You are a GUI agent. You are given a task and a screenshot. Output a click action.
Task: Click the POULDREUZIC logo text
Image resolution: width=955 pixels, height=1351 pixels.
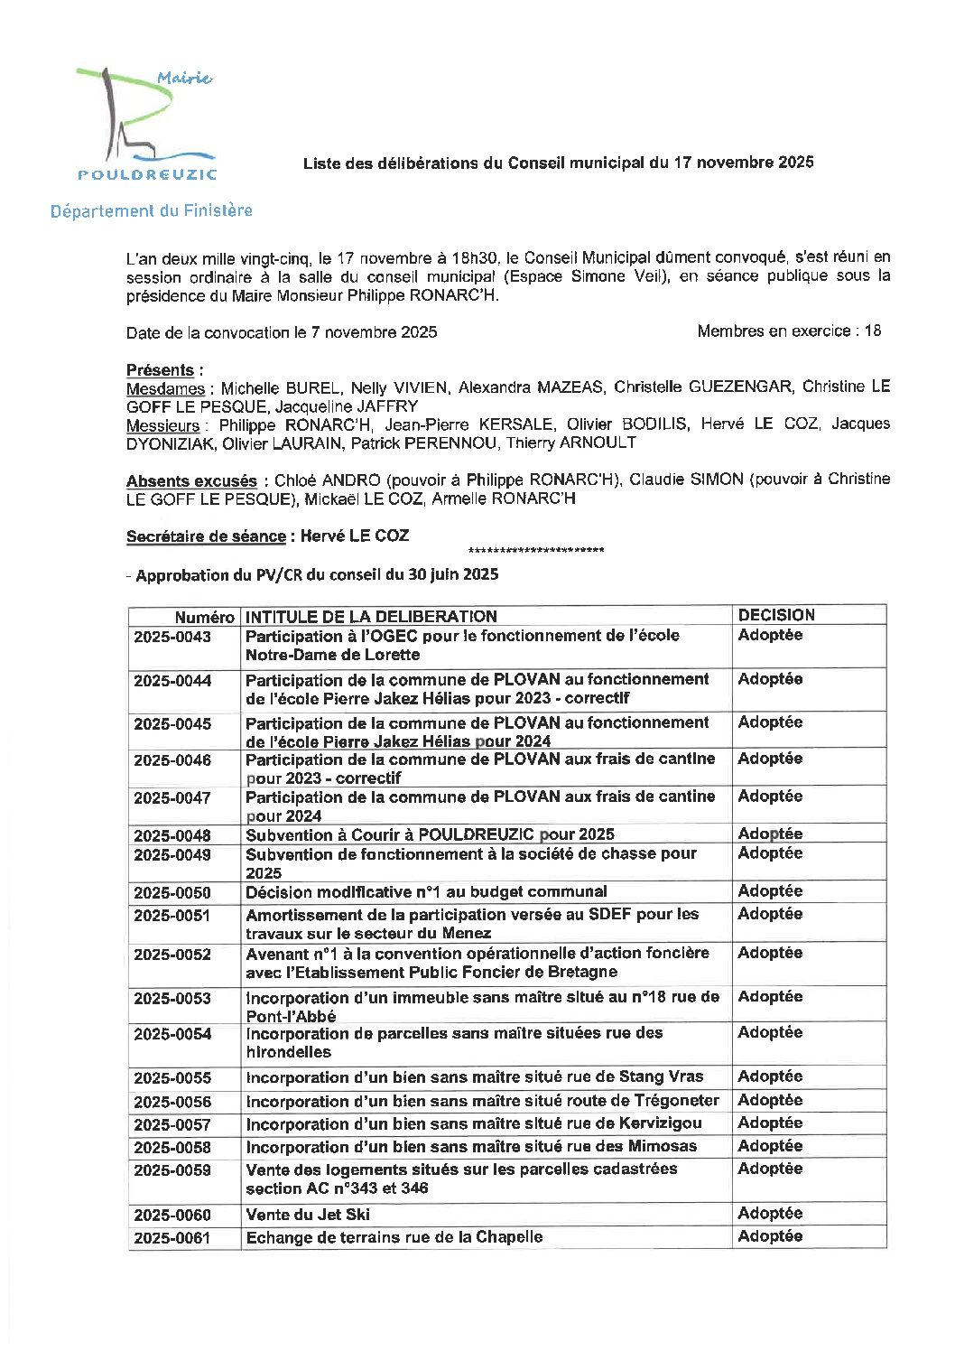click(147, 174)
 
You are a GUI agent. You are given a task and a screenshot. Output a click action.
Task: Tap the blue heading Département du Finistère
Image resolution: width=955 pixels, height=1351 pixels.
click(151, 210)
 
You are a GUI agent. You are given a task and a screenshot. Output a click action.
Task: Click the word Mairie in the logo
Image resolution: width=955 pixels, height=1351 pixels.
click(184, 79)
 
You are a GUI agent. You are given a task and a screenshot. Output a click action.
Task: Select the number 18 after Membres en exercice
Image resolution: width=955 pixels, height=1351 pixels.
click(872, 331)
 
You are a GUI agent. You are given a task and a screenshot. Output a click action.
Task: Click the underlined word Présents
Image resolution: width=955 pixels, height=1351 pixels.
click(160, 370)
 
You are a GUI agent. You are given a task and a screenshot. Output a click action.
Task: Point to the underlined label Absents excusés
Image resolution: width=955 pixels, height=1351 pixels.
click(191, 480)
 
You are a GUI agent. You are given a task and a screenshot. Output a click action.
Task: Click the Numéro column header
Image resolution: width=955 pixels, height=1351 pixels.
click(204, 617)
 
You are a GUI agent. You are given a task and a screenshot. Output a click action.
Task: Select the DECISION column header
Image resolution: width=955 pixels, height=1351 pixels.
click(776, 615)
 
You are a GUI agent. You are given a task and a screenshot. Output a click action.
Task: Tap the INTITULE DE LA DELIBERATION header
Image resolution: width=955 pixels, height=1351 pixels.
click(371, 617)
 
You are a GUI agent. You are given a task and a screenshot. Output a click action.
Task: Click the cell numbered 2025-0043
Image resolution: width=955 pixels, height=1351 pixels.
click(172, 637)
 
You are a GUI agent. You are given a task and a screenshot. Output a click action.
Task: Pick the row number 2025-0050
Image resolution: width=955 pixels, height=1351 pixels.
click(172, 893)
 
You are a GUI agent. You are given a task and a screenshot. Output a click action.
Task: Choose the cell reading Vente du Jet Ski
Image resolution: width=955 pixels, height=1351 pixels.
click(308, 1215)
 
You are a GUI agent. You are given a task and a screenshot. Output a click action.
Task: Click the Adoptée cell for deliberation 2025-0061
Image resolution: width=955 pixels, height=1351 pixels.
click(770, 1236)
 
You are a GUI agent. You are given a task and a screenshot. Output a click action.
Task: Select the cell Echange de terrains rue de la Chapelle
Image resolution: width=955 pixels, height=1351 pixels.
click(394, 1237)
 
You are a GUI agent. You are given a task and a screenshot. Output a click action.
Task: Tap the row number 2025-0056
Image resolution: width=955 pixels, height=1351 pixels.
click(172, 1102)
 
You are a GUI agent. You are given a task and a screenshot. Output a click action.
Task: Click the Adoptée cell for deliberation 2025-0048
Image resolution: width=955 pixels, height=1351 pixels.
click(770, 834)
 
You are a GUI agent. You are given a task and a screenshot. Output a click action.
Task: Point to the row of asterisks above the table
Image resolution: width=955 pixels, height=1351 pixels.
click(536, 551)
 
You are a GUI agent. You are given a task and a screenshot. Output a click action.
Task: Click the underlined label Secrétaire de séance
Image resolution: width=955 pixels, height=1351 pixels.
click(206, 536)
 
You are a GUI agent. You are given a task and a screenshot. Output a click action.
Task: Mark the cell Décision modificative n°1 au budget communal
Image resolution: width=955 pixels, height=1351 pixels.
click(426, 892)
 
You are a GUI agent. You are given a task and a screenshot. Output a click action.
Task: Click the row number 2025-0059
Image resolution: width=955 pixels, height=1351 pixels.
click(172, 1170)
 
